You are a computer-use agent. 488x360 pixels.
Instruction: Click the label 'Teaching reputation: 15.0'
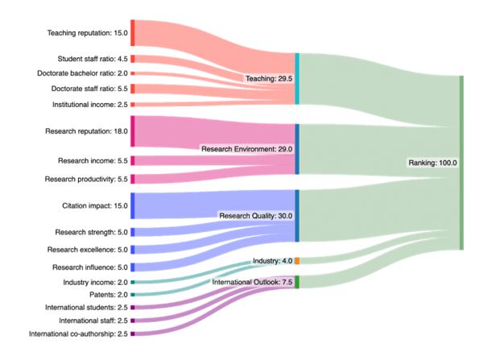[x=87, y=33]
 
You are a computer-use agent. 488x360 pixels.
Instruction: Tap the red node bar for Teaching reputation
[x=133, y=33]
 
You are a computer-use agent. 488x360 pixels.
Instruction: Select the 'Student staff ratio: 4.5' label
[x=93, y=59]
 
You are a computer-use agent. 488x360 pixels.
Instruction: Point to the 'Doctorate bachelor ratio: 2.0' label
[x=82, y=73]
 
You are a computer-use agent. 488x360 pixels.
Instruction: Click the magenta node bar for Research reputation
[x=133, y=131]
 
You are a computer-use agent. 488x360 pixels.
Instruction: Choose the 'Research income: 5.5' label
[x=93, y=160]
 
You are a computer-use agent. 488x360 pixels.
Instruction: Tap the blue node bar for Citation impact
[x=133, y=205]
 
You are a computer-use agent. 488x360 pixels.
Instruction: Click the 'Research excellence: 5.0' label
[x=88, y=250]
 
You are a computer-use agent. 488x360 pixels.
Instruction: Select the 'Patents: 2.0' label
[x=109, y=294]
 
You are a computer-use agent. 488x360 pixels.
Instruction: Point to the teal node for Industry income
[x=133, y=282]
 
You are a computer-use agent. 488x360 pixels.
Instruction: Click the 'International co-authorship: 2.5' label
[x=78, y=334]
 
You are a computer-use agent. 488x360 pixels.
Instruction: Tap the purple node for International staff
[x=133, y=321]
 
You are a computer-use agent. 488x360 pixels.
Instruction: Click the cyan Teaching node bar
[x=297, y=78]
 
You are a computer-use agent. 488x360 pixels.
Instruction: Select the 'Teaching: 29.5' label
[x=269, y=78]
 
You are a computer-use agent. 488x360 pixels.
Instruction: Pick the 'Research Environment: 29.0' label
[x=246, y=149]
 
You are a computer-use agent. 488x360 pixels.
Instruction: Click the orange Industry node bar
[x=297, y=261]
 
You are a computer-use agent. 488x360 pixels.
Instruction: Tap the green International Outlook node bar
[x=297, y=282]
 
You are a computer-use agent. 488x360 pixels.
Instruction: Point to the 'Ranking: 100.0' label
[x=432, y=163]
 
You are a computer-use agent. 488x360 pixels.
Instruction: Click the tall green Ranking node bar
[x=461, y=163]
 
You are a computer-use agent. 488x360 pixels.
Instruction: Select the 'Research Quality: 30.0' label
[x=256, y=216]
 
